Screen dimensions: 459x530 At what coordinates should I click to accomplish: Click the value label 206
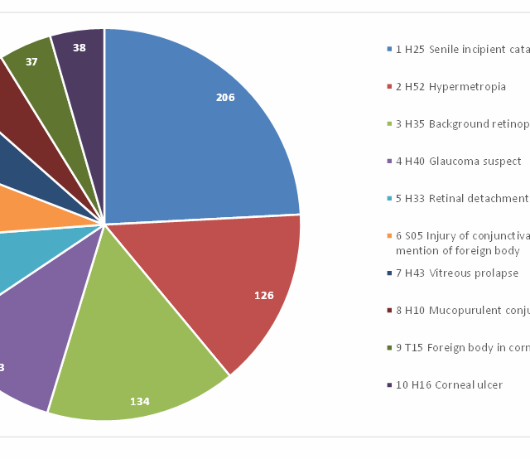pyautogui.click(x=225, y=98)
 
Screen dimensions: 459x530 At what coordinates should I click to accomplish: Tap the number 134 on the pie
pyautogui.click(x=140, y=402)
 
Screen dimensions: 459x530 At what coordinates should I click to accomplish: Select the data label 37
pyautogui.click(x=31, y=61)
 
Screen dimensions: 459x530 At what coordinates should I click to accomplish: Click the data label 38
pyautogui.click(x=79, y=48)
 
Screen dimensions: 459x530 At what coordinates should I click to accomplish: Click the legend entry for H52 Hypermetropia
pyautogui.click(x=450, y=87)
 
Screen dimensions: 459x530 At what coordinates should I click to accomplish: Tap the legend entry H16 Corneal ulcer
pyautogui.click(x=449, y=385)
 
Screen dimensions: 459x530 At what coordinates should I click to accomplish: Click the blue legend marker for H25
pyautogui.click(x=389, y=50)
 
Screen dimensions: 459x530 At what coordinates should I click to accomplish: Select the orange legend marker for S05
pyautogui.click(x=389, y=235)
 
